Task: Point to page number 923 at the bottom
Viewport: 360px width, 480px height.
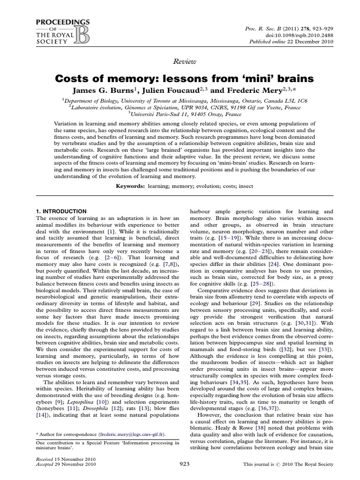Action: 185,464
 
